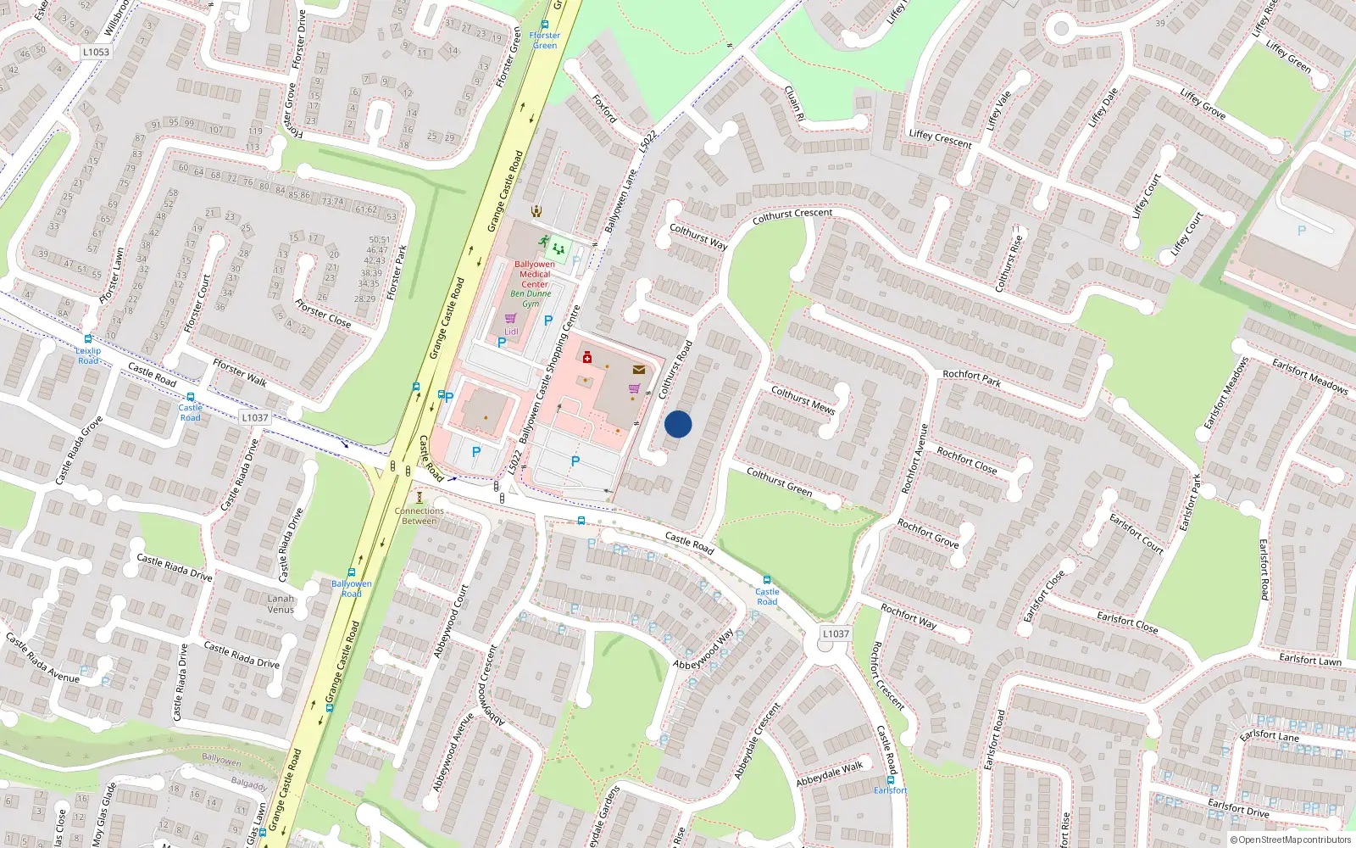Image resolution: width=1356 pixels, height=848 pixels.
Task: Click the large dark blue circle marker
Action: point(678,424)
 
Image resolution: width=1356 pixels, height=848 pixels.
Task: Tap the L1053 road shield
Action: point(96,52)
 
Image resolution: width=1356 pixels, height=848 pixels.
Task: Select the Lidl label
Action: point(511,332)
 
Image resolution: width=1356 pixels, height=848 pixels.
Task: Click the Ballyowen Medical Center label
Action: point(535,274)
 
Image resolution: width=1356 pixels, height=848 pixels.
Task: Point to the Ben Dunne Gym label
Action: point(531,298)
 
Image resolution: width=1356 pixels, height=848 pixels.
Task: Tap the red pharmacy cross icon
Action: point(586,357)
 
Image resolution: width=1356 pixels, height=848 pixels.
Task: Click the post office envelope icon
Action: point(638,370)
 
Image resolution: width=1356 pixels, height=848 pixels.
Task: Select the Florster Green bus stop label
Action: point(545,40)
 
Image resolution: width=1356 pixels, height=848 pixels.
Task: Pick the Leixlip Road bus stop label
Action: point(88,355)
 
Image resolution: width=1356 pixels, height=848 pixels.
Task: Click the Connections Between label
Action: point(419,516)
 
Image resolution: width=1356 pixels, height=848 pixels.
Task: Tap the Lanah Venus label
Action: point(281,604)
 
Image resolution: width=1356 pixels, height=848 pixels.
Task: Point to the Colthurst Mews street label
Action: point(803,399)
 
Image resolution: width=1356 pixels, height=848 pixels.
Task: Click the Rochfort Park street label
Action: point(972,378)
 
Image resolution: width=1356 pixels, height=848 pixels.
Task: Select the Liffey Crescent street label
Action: point(940,138)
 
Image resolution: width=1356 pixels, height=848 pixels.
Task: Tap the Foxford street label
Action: point(604,109)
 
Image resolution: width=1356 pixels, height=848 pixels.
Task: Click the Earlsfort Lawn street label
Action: point(1310,659)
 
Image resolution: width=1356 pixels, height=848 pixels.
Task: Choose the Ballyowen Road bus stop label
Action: point(352,589)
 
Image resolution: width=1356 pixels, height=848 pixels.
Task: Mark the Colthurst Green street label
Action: point(779,481)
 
